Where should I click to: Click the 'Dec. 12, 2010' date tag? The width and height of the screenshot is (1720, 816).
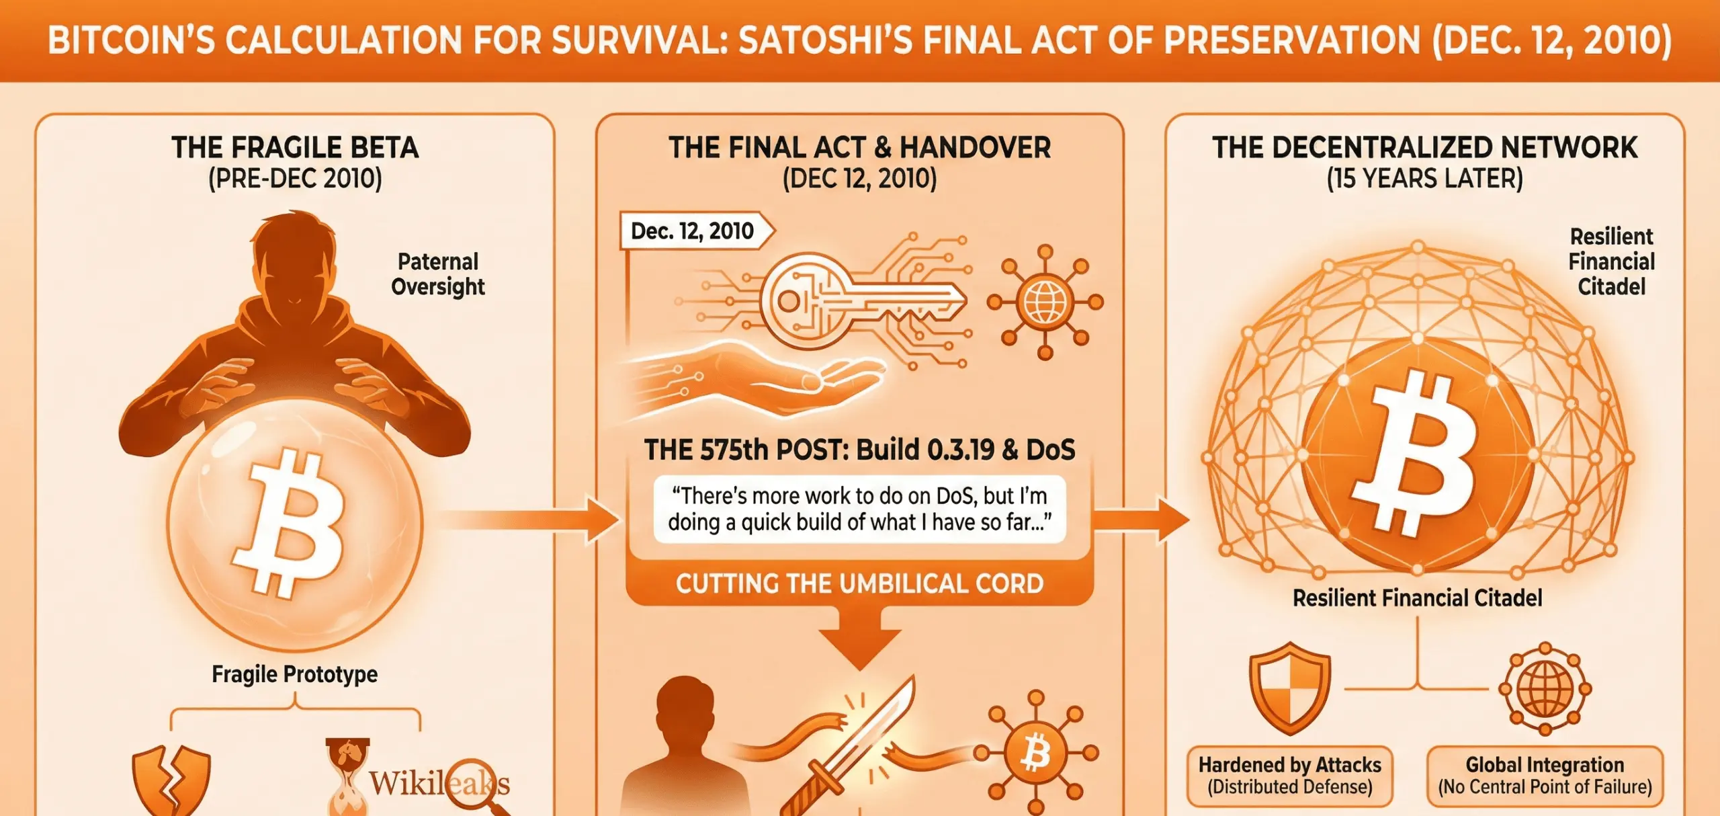coord(693,231)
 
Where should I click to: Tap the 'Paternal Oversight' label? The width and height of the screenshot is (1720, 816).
coord(438,274)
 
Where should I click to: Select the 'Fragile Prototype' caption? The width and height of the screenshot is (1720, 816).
coord(294,674)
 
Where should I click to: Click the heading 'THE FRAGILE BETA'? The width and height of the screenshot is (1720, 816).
coord(295,148)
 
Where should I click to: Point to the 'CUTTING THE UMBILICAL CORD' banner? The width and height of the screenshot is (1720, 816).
coord(859,583)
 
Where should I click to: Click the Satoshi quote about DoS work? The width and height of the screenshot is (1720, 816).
coord(859,509)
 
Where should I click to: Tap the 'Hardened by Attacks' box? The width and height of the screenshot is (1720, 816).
coord(1289,775)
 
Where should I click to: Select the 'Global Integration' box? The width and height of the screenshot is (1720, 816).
coord(1545,775)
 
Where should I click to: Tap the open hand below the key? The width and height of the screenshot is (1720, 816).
coord(759,380)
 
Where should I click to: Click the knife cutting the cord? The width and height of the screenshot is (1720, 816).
coord(853,746)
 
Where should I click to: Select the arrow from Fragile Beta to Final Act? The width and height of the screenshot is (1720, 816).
coord(531,519)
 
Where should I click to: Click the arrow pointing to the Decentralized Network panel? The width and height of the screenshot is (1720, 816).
coord(1142,519)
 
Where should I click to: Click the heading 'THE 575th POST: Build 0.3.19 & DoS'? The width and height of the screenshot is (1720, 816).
coord(859,450)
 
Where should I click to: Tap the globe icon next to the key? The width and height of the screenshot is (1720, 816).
coord(1045,302)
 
